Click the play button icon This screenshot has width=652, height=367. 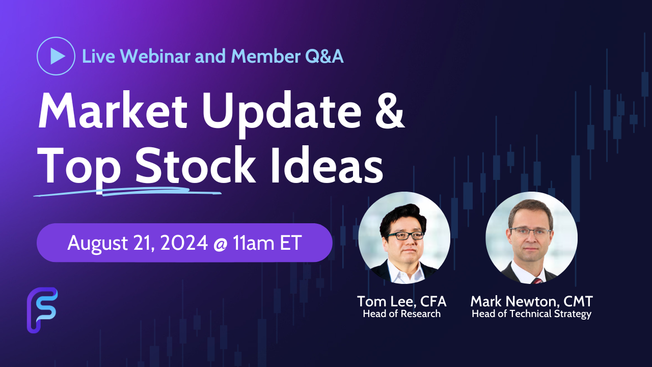[56, 56]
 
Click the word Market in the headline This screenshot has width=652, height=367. [113, 111]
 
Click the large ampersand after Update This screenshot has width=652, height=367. [390, 111]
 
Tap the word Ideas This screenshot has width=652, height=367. [327, 165]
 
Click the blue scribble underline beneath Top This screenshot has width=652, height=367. [127, 192]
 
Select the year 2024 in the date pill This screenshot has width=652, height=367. [184, 243]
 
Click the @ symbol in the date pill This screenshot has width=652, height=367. [220, 244]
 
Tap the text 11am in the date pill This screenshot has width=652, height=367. [253, 243]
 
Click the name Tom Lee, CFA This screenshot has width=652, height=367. [402, 301]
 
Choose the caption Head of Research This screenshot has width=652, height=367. [402, 313]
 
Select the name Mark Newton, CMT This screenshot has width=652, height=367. [531, 301]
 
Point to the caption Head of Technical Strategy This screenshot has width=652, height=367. [531, 314]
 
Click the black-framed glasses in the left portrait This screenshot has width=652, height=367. [406, 235]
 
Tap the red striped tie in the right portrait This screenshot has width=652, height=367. [537, 281]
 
